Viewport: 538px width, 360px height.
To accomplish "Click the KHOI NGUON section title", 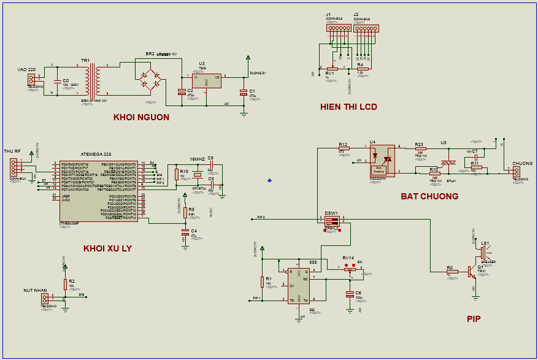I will (141, 117).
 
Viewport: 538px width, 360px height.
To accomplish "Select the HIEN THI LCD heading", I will (348, 107).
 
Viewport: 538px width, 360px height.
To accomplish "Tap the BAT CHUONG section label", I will (429, 196).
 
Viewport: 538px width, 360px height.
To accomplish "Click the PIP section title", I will (473, 319).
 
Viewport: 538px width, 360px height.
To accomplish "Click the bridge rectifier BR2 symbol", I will (149, 78).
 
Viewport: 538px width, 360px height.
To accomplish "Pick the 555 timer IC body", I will (299, 285).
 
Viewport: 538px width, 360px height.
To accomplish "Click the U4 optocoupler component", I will (382, 161).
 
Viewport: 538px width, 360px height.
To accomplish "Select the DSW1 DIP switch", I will (332, 221).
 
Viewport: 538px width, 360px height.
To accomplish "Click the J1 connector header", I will (338, 28).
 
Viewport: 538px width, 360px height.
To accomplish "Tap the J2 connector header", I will (366, 28).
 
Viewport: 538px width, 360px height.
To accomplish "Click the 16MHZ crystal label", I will (197, 159).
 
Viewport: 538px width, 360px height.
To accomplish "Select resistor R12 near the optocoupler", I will (344, 148).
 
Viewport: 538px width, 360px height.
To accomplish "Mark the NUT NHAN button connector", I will (45, 298).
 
